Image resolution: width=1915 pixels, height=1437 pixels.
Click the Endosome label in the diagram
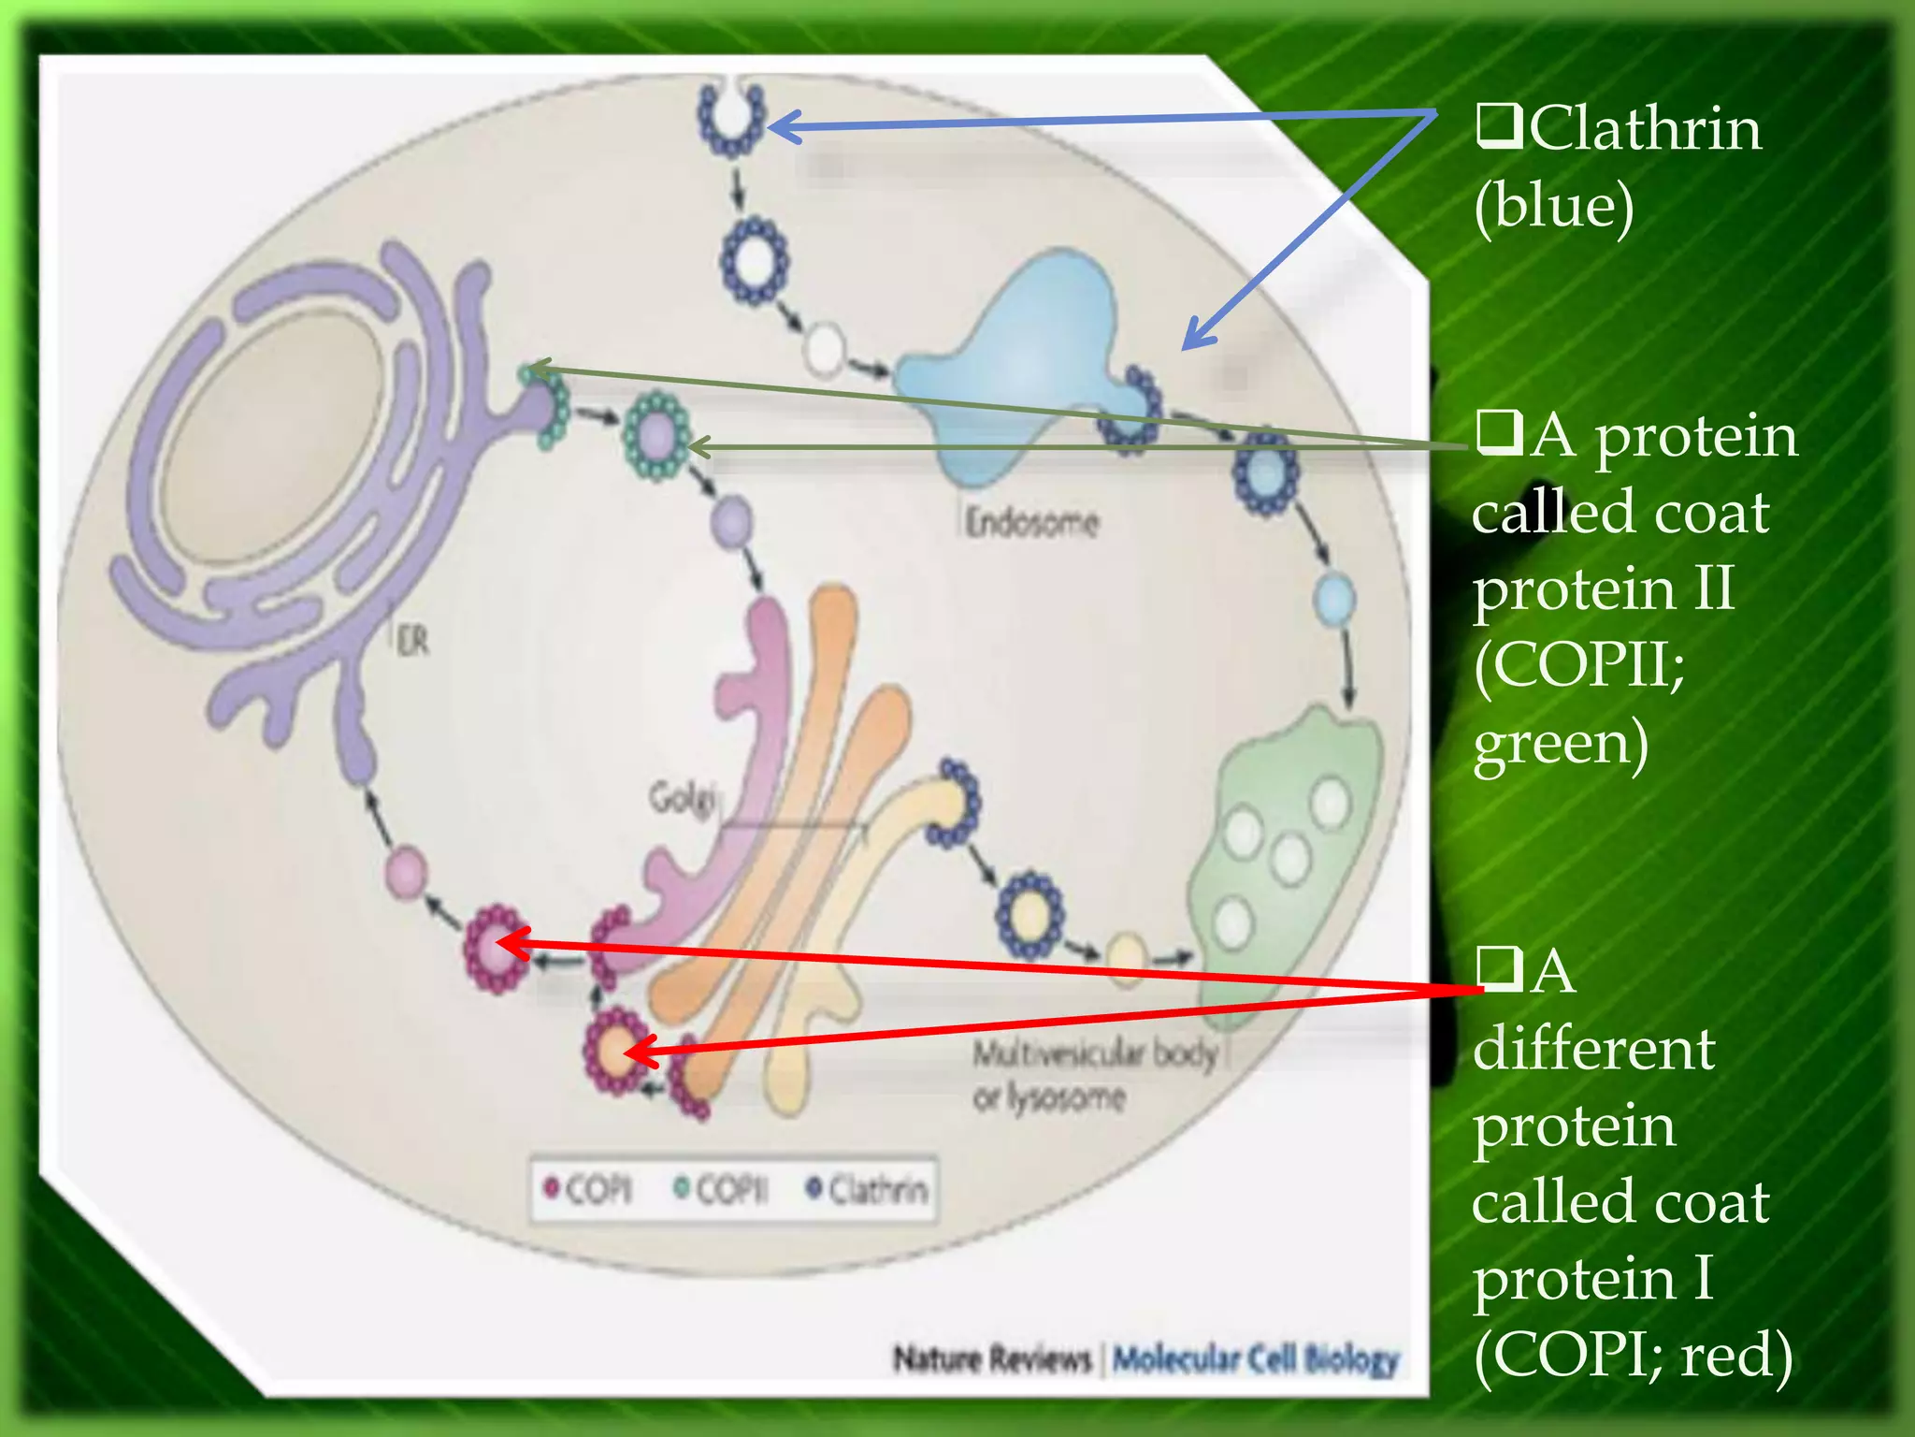coord(1032,522)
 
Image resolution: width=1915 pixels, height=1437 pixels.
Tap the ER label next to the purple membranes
coord(412,642)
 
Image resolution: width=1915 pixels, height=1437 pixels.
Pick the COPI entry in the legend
coord(588,1190)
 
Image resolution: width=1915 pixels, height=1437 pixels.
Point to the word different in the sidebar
coord(1593,1049)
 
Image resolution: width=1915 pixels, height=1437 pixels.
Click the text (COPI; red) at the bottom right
coord(1633,1354)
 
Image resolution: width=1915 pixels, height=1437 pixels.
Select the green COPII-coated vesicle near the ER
coord(657,436)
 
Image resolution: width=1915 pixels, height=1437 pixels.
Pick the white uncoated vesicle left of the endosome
coord(825,350)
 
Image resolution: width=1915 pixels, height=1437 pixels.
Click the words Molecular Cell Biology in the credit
coord(1256,1358)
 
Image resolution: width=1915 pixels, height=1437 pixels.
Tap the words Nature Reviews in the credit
coord(992,1358)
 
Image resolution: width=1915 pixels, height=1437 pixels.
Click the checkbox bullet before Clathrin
coord(1499,128)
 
